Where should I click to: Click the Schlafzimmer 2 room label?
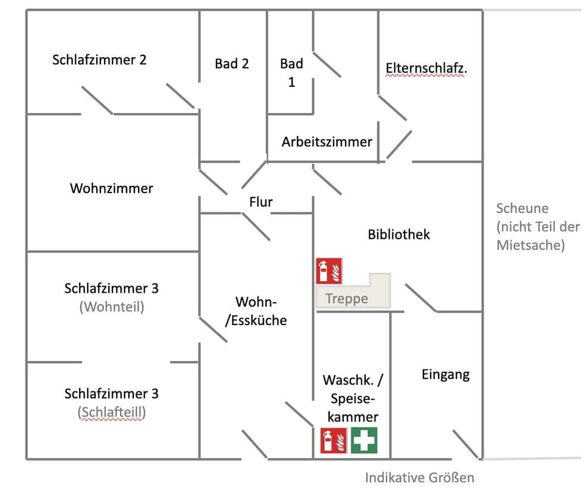tap(99, 60)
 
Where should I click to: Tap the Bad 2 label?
tap(232, 63)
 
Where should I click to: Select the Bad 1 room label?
tap(291, 72)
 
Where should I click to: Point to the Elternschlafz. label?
tap(426, 68)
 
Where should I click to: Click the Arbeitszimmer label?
tap(327, 142)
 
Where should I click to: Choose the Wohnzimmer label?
tap(111, 188)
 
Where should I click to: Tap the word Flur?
tap(261, 202)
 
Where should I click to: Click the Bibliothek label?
tap(398, 234)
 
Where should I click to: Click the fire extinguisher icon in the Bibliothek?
tap(329, 271)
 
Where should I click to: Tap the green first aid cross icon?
tap(364, 441)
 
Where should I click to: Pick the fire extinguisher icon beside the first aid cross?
tap(333, 441)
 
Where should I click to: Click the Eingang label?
tap(445, 374)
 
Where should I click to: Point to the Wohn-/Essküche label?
tap(255, 311)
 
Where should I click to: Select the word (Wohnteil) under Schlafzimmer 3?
tap(111, 307)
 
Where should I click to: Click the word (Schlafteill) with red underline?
tap(111, 413)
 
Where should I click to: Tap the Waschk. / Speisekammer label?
tap(353, 398)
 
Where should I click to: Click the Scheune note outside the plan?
tap(538, 227)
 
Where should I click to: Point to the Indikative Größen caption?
tap(419, 478)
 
